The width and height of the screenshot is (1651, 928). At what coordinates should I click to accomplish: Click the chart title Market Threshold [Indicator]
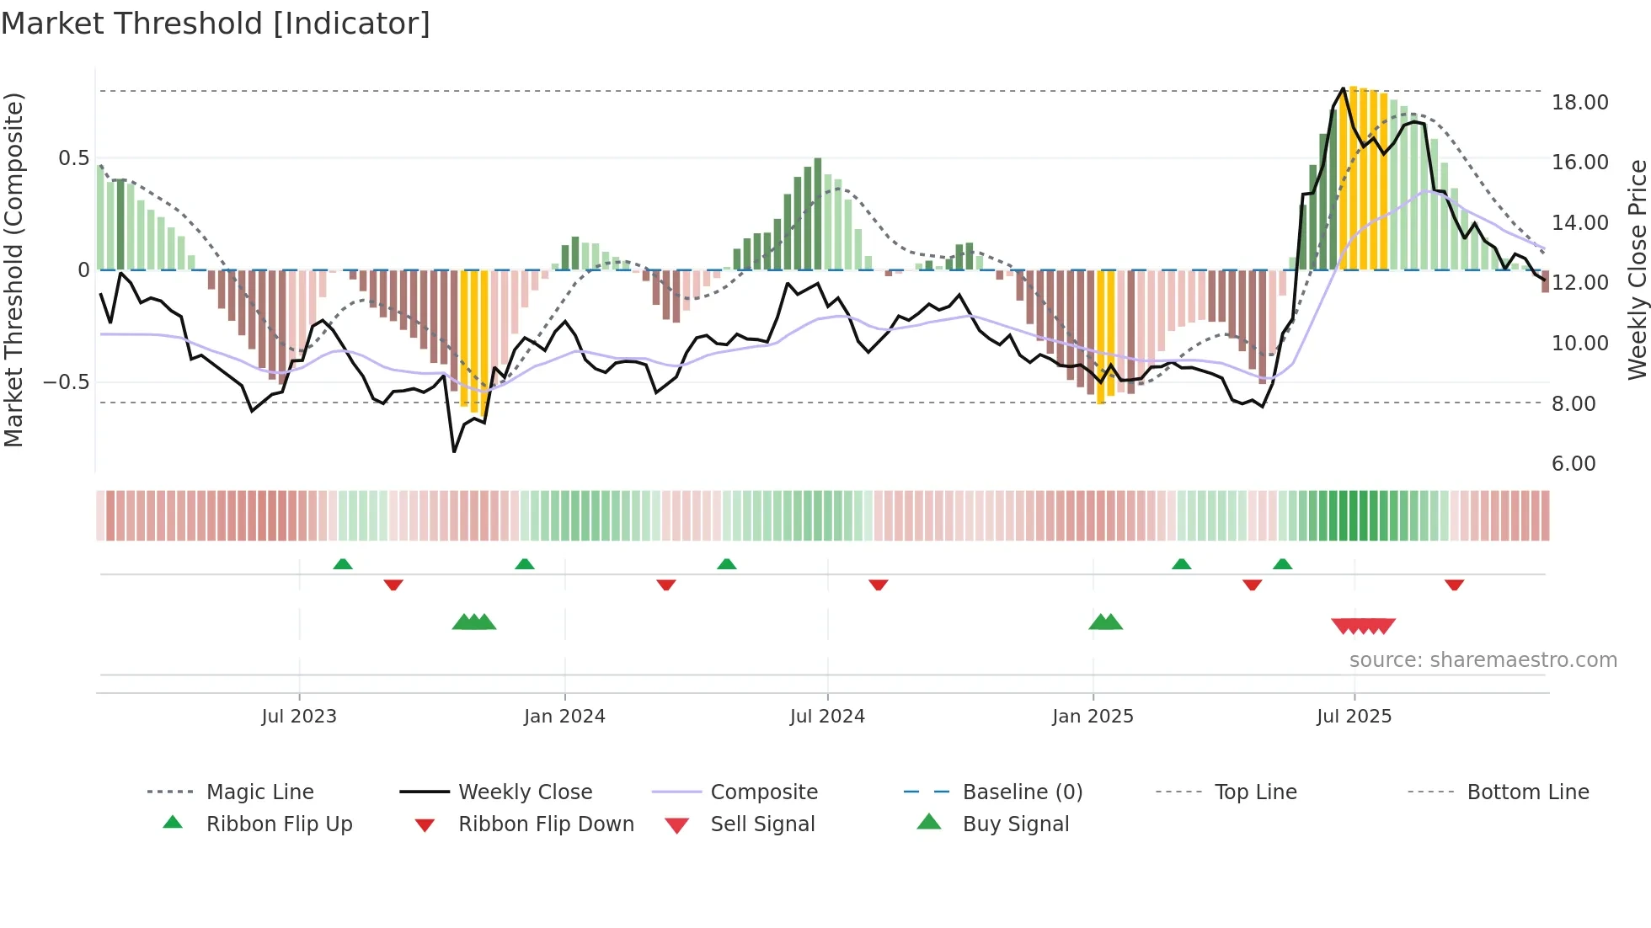216,24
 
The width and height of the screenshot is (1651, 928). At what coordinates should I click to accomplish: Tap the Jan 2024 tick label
564,717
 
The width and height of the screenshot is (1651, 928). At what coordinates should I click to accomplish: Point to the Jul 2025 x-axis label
1354,717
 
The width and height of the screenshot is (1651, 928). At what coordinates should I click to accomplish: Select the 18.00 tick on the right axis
1579,103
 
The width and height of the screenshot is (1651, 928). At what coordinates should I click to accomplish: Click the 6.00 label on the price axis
1574,464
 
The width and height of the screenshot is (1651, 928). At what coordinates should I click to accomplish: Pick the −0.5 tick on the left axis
66,382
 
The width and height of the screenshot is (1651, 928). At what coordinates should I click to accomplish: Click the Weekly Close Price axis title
1637,269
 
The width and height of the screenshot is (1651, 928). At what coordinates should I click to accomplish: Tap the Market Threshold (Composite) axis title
13,269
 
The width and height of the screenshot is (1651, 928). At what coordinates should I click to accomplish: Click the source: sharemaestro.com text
1483,660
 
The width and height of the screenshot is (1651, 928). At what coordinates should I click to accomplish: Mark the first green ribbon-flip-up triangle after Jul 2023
343,564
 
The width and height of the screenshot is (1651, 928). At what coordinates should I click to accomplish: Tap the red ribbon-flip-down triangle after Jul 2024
879,584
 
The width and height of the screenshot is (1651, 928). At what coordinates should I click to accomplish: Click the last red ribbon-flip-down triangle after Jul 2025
1454,584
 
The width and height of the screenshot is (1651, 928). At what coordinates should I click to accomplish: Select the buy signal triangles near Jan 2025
1105,622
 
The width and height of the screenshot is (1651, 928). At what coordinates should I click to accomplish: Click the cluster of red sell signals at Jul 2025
1363,626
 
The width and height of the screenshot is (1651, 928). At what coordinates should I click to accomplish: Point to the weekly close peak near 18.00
1344,88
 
